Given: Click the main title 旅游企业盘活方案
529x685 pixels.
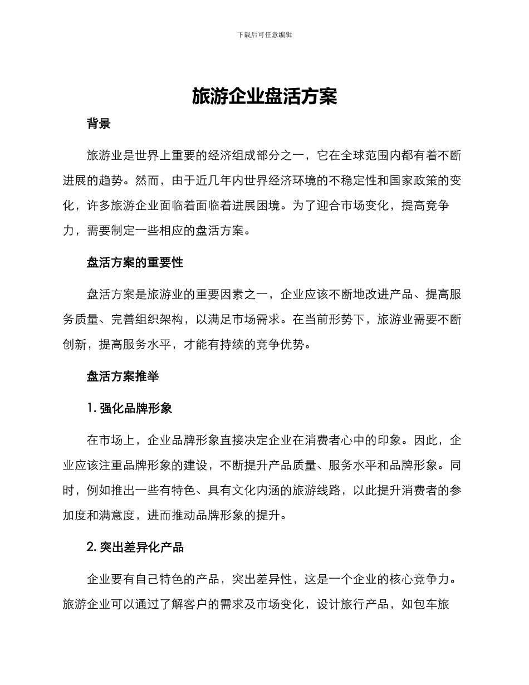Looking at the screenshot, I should (x=264, y=96).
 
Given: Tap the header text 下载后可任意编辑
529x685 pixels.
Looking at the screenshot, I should (x=264, y=35).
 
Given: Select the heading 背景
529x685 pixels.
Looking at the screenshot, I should (x=99, y=124).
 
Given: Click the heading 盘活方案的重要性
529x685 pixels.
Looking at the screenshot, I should (x=135, y=262).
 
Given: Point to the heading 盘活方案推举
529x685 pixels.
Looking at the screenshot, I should (x=123, y=376).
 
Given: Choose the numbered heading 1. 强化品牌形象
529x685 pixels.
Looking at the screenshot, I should (x=129, y=408).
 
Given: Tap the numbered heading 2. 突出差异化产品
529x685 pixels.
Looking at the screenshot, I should (x=135, y=547).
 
